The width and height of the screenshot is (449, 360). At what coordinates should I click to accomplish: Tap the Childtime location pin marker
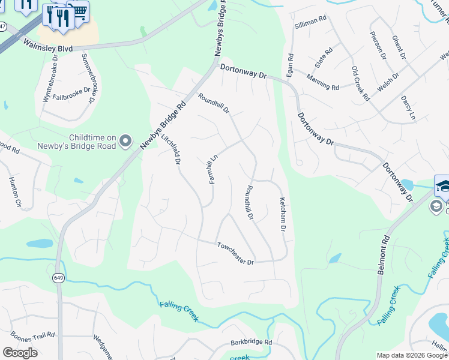point(125,141)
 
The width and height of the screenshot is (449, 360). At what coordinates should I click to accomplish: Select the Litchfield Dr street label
point(171,150)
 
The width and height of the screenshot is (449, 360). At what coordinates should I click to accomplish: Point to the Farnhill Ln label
point(212,169)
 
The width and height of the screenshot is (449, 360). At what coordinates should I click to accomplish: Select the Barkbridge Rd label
point(251,343)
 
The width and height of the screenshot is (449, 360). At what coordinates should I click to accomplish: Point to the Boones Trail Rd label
point(33,335)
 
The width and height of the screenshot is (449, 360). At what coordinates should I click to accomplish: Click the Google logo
point(20,353)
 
